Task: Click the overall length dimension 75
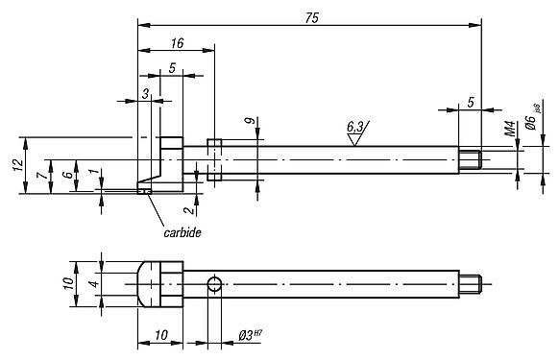[x=309, y=18]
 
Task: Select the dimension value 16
[x=176, y=44]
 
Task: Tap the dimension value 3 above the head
[x=145, y=92]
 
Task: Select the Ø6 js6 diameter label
[x=530, y=125]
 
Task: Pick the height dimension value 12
[x=17, y=165]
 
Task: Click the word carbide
[x=182, y=232]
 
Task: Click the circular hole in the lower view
[x=216, y=283]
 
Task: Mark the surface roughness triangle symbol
[x=355, y=137]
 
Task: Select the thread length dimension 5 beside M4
[x=470, y=101]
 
